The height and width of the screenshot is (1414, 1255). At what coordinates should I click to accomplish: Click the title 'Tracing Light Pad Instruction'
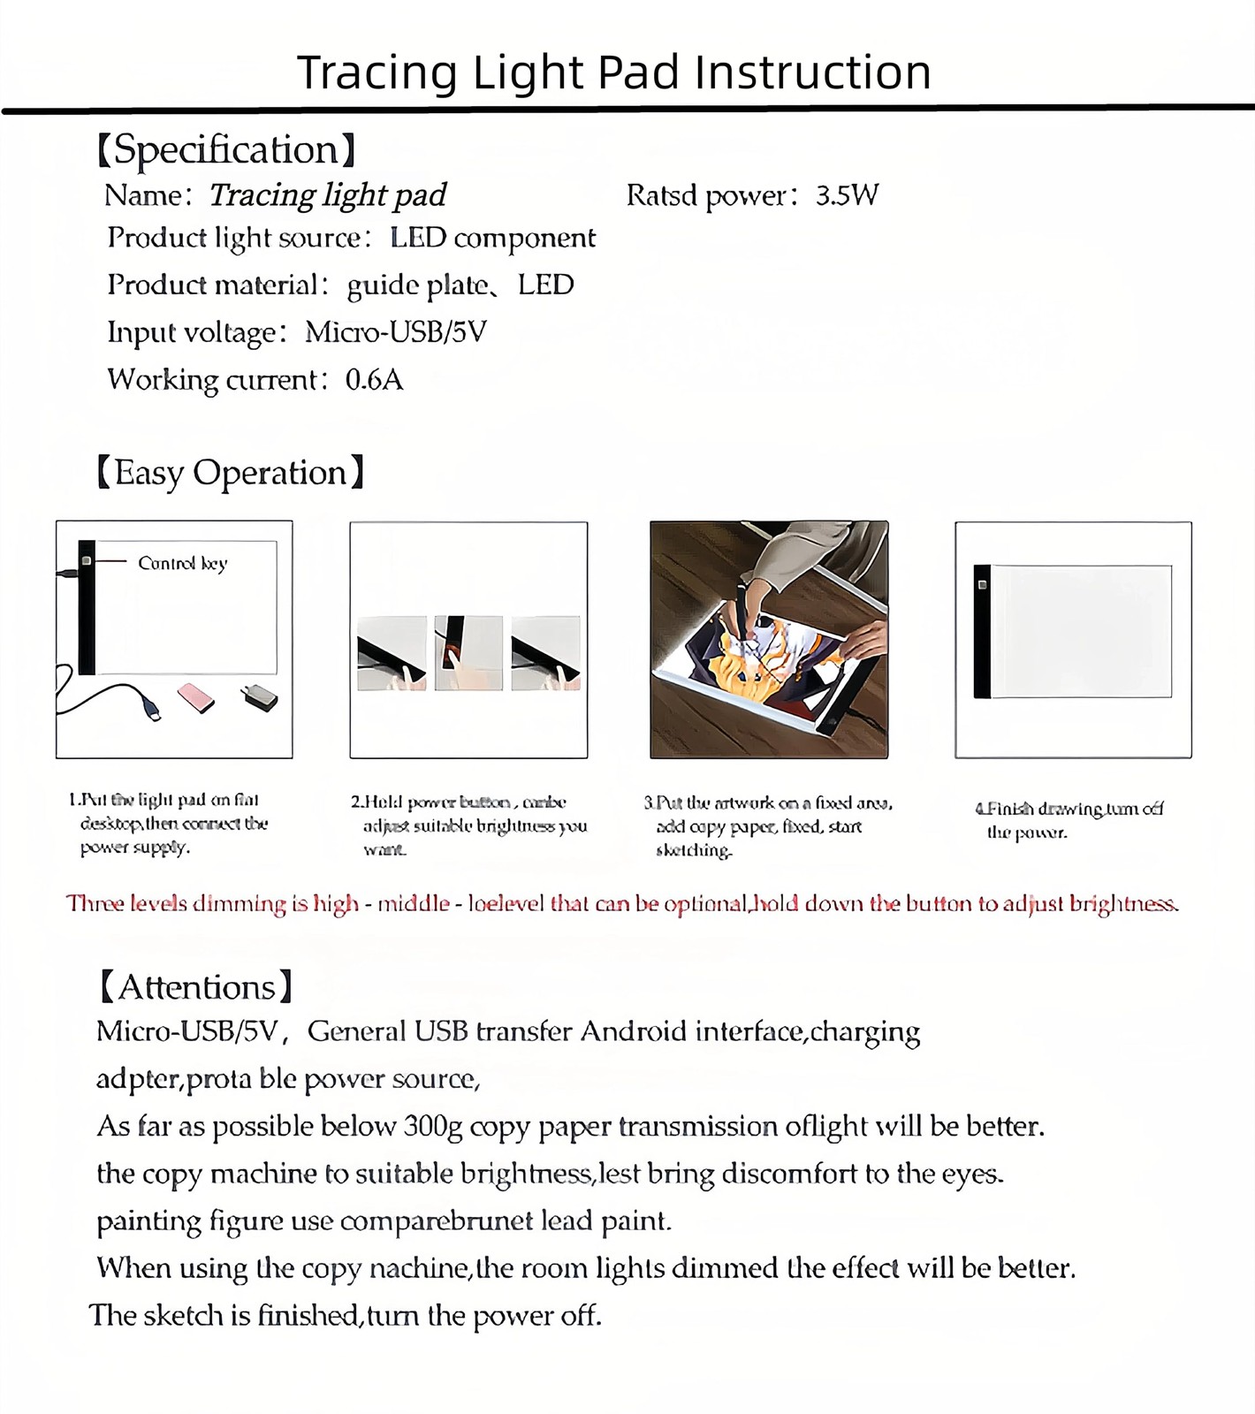click(613, 72)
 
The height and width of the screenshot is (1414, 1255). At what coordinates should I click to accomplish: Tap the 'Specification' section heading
click(226, 150)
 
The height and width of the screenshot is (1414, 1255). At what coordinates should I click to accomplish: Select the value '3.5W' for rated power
click(847, 195)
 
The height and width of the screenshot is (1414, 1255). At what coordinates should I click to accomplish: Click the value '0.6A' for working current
click(374, 380)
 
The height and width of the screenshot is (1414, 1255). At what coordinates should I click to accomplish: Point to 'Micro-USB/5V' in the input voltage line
click(395, 332)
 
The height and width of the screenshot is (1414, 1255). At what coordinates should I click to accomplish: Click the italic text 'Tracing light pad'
click(327, 195)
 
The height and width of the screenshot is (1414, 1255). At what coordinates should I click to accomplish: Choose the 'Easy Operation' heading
click(230, 473)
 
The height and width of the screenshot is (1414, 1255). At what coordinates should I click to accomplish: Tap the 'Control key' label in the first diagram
click(183, 563)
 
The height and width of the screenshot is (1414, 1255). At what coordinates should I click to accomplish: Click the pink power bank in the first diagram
click(196, 697)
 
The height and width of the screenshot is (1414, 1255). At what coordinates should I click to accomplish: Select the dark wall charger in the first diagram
click(260, 697)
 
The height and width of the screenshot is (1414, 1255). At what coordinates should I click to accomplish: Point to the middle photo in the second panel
click(468, 653)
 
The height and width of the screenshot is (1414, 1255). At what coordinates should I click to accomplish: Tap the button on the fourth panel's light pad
click(982, 584)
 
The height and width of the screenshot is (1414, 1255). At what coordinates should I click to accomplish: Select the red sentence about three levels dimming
click(622, 904)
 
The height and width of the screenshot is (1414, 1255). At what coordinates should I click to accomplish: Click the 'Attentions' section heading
click(195, 987)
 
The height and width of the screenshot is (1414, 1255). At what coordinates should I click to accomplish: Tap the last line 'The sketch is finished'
click(345, 1316)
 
